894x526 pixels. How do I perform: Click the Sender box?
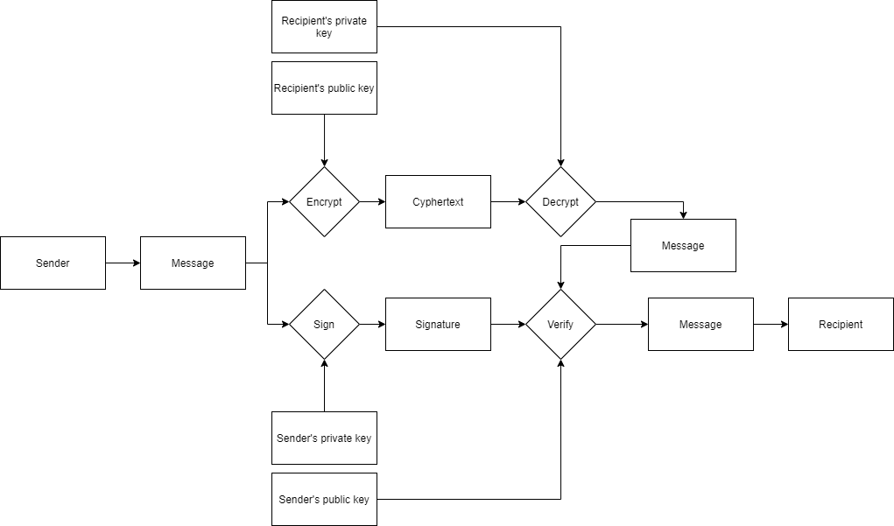coord(53,263)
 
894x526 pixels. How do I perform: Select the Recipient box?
coord(841,324)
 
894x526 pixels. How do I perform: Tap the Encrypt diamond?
coord(324,201)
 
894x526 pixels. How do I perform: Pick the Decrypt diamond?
coord(560,201)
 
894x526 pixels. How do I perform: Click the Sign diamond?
coord(324,324)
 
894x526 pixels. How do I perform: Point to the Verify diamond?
coord(560,324)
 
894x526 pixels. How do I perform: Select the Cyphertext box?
coord(438,201)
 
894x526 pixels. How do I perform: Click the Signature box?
coord(438,324)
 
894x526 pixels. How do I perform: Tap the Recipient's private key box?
coord(324,26)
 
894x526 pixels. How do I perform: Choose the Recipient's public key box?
coord(324,88)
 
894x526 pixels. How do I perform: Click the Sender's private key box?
coord(324,438)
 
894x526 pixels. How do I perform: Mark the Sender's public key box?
coord(324,499)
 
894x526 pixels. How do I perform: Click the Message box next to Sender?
coord(193,263)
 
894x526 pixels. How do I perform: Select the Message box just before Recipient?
coord(700,324)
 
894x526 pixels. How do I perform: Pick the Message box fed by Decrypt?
coord(683,245)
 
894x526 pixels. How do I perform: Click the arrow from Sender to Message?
coord(123,263)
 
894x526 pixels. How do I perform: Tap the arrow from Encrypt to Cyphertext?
coord(372,201)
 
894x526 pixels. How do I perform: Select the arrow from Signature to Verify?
coord(508,324)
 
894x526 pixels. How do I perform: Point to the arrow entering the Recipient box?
coord(771,324)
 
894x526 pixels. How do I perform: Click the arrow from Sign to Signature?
coord(372,324)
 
